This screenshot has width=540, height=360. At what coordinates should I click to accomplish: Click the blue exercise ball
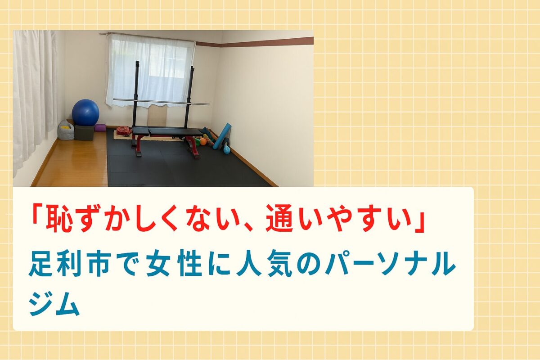pyautogui.click(x=85, y=112)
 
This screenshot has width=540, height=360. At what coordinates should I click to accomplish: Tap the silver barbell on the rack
pyautogui.click(x=161, y=102)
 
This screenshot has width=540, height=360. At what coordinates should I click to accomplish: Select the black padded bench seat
pyautogui.click(x=167, y=132)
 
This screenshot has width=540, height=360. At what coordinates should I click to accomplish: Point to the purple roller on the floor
pyautogui.click(x=100, y=127)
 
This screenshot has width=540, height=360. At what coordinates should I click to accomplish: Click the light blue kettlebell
pyautogui.click(x=226, y=149)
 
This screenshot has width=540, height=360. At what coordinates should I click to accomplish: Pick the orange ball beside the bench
pyautogui.click(x=203, y=141)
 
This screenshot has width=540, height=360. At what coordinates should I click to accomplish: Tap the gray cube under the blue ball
pyautogui.click(x=84, y=132)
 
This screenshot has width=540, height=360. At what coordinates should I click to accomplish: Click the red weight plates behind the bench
pyautogui.click(x=124, y=130)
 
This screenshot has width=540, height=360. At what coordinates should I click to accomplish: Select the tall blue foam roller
pyautogui.click(x=222, y=136)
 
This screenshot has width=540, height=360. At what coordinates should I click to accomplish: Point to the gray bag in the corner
pyautogui.click(x=66, y=130)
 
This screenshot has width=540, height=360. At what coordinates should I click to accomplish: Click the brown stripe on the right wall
pyautogui.click(x=255, y=42)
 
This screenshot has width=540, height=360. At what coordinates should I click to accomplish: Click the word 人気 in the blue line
pyautogui.click(x=264, y=264)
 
